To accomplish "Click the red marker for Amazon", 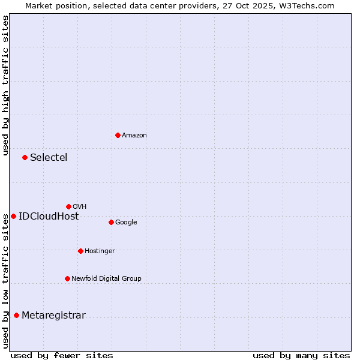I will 118,135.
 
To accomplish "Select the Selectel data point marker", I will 25,157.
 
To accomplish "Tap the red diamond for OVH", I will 68,206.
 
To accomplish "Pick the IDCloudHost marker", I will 13,216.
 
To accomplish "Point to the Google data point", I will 111,222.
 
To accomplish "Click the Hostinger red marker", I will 80,251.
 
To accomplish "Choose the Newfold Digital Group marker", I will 67,278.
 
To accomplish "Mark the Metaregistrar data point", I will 16,315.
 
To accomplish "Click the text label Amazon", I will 134,135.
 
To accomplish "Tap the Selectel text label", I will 49,157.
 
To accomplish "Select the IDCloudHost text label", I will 49,216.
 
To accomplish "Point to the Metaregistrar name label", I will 53,315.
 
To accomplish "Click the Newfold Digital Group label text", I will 106,278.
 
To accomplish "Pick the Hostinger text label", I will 100,251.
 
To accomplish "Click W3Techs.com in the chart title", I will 306,5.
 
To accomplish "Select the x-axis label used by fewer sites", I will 61,355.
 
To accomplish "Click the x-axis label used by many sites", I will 301,355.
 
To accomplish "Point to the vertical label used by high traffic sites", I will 5,85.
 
